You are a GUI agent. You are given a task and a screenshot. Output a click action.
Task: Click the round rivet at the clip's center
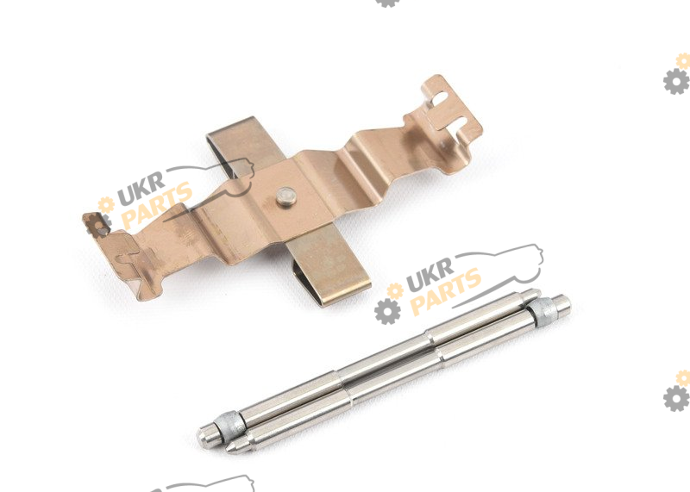pos(286,196)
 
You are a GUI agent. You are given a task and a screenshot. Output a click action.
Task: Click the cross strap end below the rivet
pos(328,268)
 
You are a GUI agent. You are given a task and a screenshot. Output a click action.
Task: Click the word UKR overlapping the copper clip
pos(141,189)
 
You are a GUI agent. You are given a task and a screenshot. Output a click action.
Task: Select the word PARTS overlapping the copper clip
pos(156,206)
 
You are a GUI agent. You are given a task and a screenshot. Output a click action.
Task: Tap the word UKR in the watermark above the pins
pos(430,275)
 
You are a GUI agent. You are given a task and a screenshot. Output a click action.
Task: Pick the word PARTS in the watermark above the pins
pos(445,292)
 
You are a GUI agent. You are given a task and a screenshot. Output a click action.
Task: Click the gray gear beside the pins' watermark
pos(387,311)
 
